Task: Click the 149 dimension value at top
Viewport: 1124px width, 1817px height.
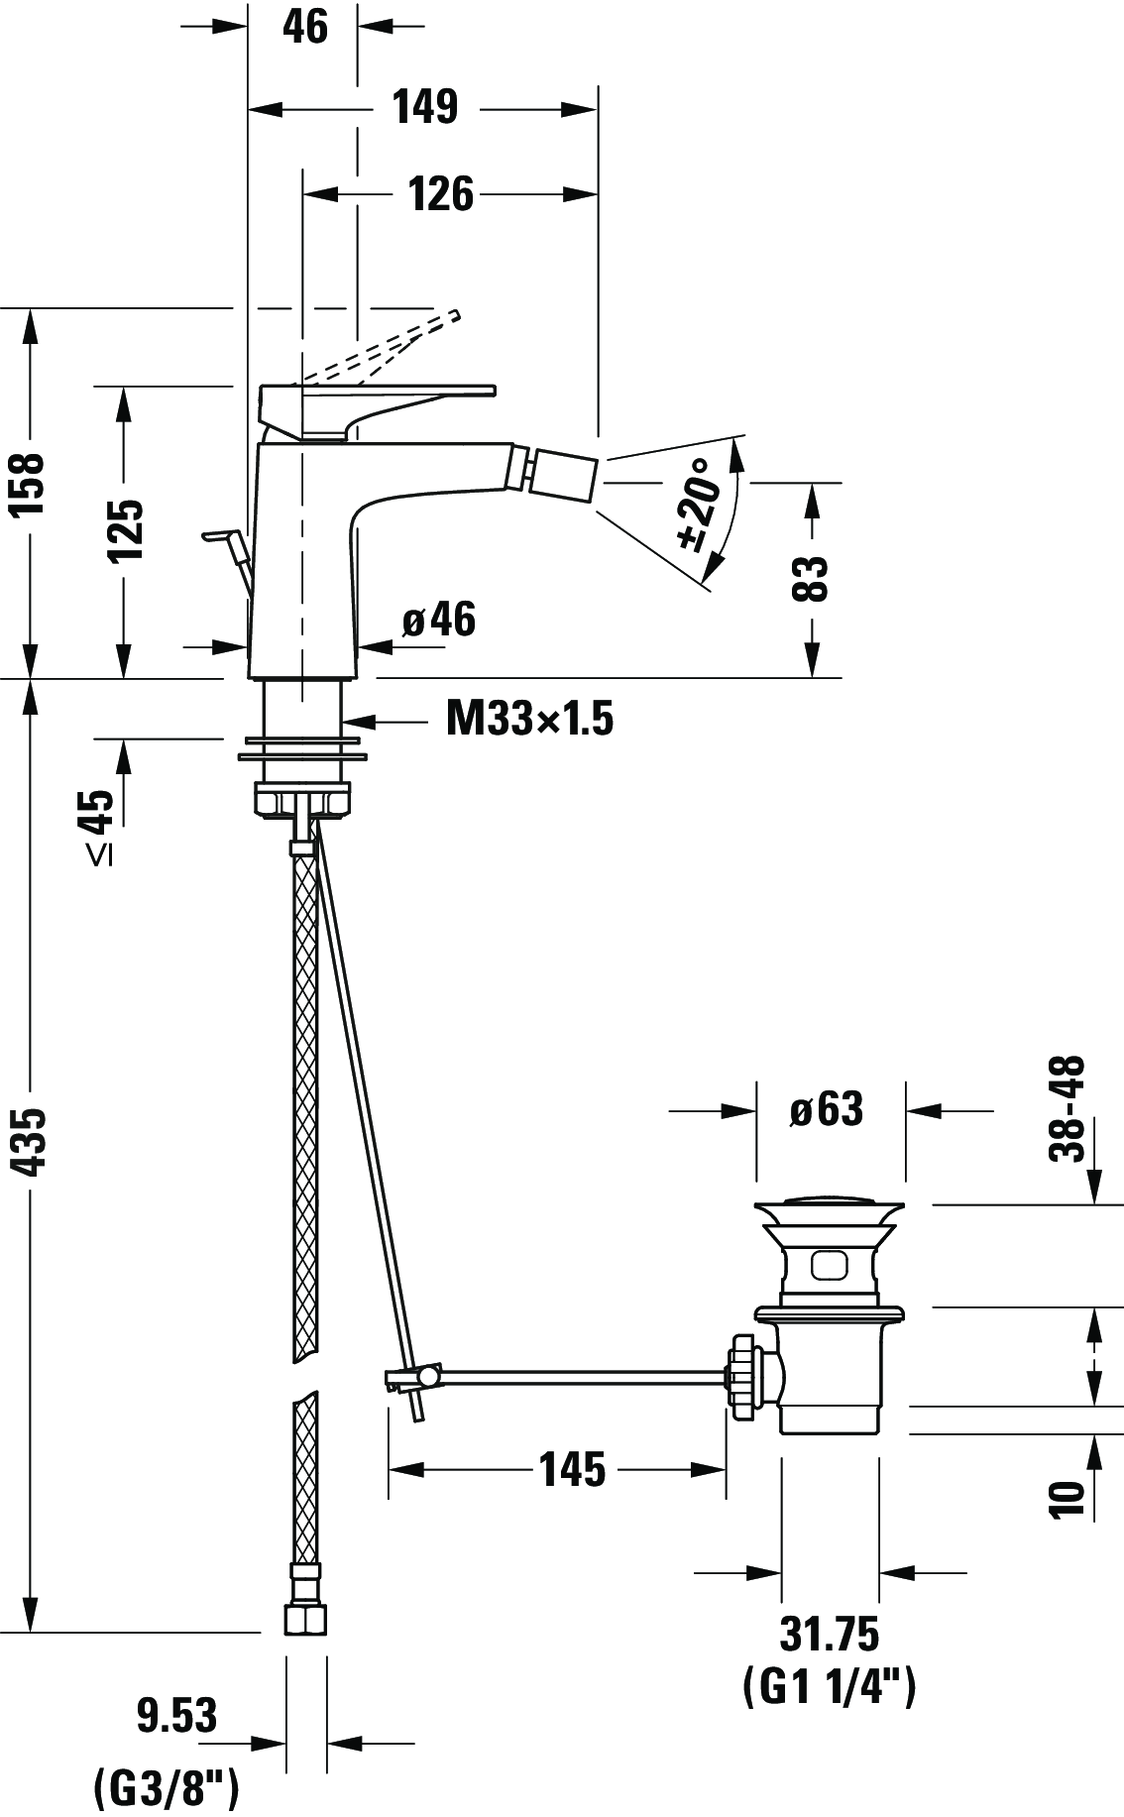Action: [424, 107]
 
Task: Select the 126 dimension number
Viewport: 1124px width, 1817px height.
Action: [441, 194]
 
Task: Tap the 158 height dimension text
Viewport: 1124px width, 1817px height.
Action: [28, 486]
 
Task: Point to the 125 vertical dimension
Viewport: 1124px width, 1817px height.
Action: [126, 529]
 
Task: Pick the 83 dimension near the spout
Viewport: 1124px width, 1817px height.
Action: [810, 578]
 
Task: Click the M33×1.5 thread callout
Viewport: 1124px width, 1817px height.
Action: [529, 719]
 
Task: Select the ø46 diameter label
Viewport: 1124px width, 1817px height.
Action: [439, 621]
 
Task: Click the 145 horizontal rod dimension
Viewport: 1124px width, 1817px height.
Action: [572, 1469]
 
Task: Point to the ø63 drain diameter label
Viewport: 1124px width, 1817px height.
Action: [827, 1109]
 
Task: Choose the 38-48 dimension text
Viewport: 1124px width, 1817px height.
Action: [1067, 1107]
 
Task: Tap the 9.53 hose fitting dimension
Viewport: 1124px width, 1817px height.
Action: [176, 1715]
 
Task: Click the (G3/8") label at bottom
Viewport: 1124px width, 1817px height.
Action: [166, 1789]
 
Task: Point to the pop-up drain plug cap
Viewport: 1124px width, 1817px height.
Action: [829, 1210]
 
